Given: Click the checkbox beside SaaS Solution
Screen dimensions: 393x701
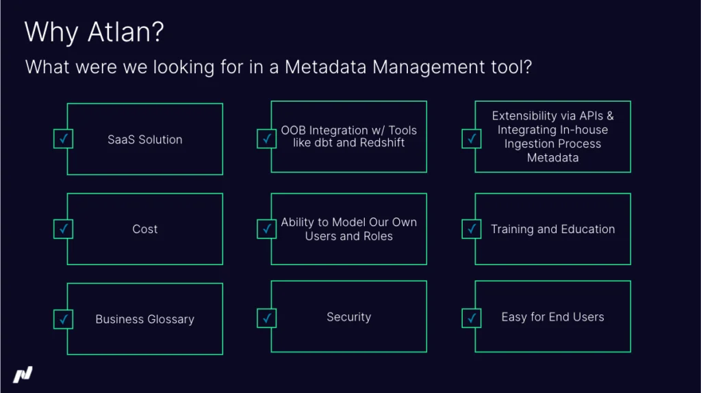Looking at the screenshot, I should (x=63, y=139).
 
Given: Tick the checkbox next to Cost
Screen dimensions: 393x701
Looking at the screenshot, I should (x=63, y=229).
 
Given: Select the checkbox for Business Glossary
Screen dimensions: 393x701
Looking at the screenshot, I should (x=63, y=319).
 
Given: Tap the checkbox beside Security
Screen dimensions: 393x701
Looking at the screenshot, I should (x=267, y=317).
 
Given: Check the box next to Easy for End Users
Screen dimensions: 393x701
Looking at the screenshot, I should (x=471, y=317).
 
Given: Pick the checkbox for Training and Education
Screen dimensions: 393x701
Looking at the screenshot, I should (x=471, y=229).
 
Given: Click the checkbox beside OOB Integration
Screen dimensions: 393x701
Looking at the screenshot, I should (x=267, y=137).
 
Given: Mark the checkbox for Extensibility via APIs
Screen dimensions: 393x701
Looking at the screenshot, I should (x=471, y=137).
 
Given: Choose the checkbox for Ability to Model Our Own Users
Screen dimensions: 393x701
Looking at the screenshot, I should (x=267, y=229).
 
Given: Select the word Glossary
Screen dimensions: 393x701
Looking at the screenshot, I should (x=169, y=319).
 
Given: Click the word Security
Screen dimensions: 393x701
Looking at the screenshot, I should (x=348, y=317).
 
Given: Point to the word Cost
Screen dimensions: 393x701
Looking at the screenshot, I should (x=144, y=229).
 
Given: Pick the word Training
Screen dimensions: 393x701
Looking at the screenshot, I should (x=512, y=229).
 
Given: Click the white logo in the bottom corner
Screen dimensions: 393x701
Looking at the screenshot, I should (x=23, y=375).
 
